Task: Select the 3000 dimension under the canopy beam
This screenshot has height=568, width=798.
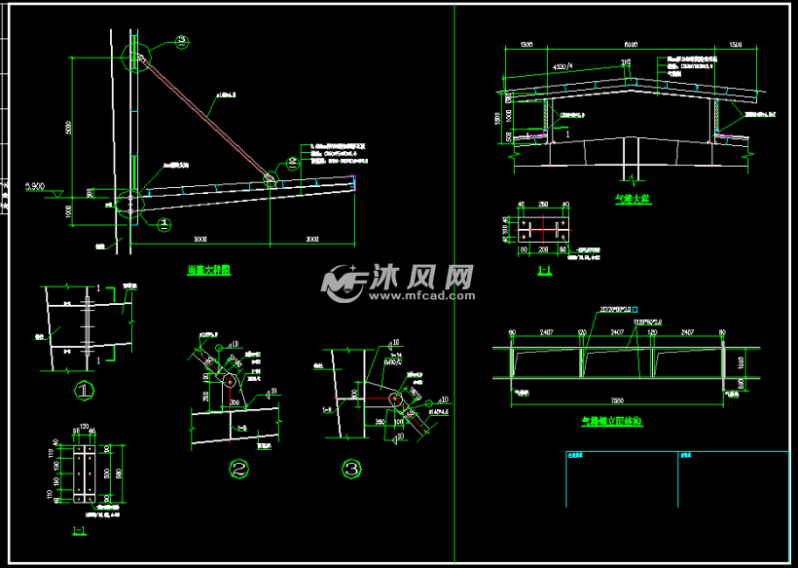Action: [311, 238]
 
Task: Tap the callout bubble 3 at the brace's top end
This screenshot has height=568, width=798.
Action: [182, 41]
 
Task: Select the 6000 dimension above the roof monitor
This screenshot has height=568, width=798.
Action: [630, 45]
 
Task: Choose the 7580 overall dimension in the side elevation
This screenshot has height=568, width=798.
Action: [617, 399]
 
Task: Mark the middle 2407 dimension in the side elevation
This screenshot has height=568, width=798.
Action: [616, 332]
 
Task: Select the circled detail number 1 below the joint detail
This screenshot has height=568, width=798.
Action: [85, 392]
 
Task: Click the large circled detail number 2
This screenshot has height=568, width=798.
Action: [238, 470]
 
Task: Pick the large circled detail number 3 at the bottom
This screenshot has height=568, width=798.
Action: [351, 470]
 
